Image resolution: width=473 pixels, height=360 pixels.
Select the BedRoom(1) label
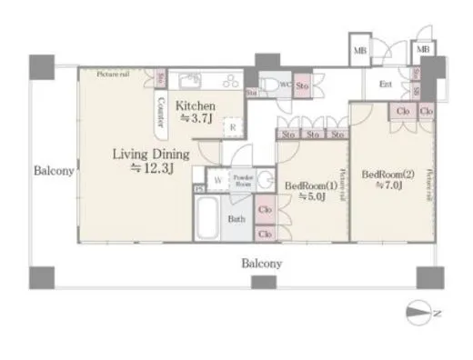pos(305,185)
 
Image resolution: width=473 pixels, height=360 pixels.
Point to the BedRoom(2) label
pos(387,174)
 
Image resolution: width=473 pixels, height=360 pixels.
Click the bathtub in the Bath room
pos(207,219)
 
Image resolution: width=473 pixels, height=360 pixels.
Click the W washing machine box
pos(218,180)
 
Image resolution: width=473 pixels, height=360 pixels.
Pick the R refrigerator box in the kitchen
pos(231,128)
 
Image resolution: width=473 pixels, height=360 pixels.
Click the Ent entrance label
pos(385,85)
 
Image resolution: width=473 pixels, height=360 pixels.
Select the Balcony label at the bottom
pos(261,264)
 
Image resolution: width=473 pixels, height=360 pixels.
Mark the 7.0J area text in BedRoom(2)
pos(387,187)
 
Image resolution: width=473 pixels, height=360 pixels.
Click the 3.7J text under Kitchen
pos(197,118)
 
